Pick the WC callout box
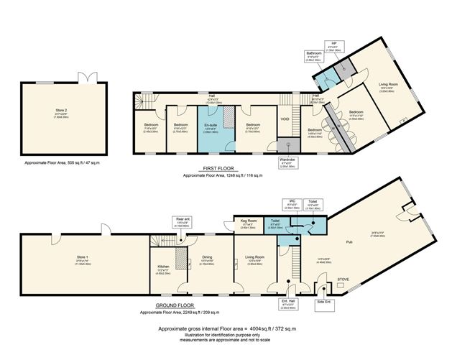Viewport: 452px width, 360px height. tap(292, 203)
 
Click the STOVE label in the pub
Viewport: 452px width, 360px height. tap(343, 280)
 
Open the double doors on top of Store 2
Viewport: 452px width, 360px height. tap(85, 78)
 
